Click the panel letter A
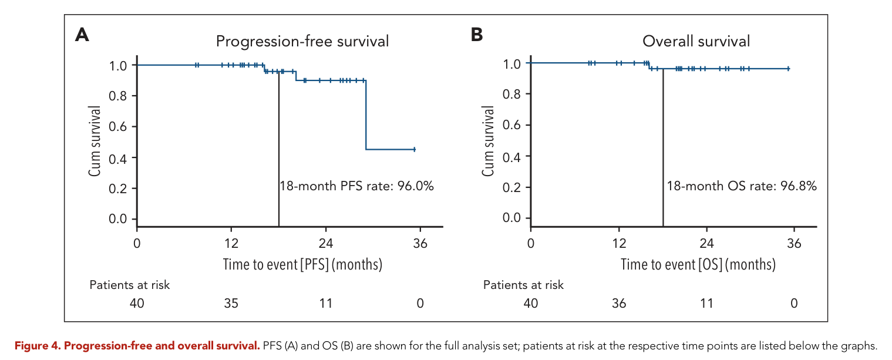click(82, 35)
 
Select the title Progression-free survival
click(302, 42)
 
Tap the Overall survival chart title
click(696, 41)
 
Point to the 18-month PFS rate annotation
click(356, 186)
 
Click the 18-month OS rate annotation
click(742, 186)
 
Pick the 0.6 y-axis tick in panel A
click(117, 127)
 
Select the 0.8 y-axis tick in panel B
click(511, 94)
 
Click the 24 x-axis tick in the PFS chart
click(326, 243)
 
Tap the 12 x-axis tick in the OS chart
click(619, 243)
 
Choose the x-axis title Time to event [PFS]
click(302, 264)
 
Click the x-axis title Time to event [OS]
click(698, 264)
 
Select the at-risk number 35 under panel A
click(231, 304)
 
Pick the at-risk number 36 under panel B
click(619, 304)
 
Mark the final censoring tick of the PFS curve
click(415, 149)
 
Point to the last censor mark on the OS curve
click(789, 69)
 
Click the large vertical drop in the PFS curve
click(366, 115)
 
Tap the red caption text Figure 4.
click(37, 346)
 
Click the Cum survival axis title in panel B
click(488, 141)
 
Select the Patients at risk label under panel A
click(129, 285)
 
